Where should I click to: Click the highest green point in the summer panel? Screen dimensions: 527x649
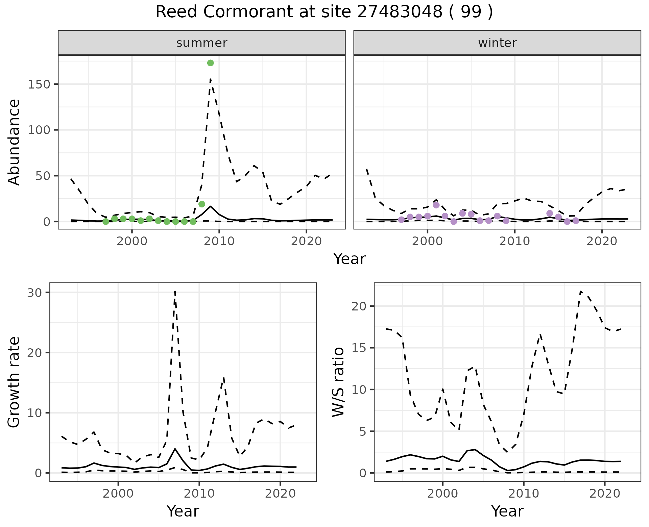coord(210,63)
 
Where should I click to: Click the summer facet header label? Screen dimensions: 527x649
coord(202,43)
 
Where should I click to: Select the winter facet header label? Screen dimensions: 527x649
coord(497,43)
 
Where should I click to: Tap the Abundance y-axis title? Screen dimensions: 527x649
coord(14,142)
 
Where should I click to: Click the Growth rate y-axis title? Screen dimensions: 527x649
coord(14,382)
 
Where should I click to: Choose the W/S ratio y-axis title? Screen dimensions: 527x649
coord(338,382)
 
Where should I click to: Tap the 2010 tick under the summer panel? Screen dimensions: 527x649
coord(219,242)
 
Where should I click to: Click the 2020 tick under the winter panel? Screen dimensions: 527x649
coord(602,242)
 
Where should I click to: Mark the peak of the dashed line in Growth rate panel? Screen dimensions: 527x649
coord(175,291)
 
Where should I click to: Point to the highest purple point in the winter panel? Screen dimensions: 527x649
coord(436,205)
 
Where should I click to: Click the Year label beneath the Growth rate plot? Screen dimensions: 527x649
coord(183,511)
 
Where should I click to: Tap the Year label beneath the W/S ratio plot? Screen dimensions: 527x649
coord(507,511)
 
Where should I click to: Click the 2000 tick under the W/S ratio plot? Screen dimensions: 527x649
coord(442,494)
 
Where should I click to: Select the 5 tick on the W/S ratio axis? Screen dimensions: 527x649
coord(362,431)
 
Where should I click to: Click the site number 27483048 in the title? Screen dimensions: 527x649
coord(400,12)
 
